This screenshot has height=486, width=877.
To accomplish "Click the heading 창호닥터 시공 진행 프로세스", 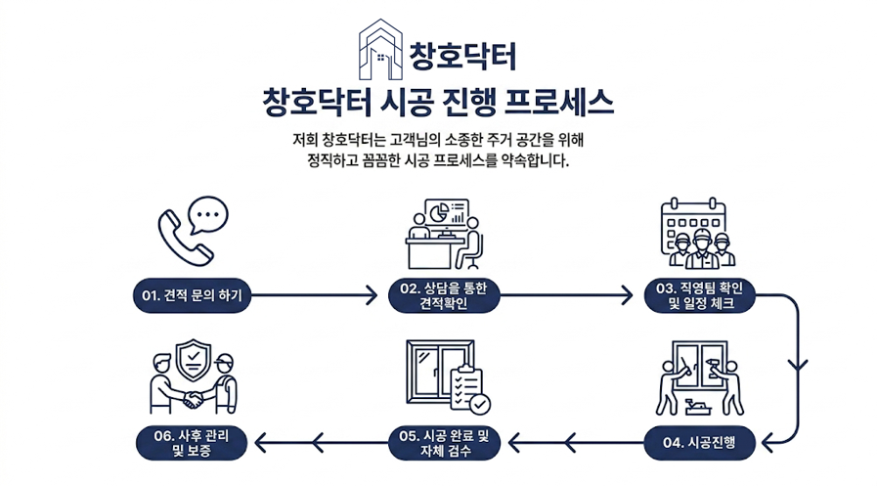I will (438, 102).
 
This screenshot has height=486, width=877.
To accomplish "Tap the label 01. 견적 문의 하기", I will (193, 294).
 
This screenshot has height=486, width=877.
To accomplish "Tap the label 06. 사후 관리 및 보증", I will (193, 443).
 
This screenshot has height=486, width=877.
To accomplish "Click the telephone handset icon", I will (184, 237).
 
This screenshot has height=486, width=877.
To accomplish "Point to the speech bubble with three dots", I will (208, 213).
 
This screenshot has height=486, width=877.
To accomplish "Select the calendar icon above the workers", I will (696, 217).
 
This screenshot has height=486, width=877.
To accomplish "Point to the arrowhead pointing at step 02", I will (371, 294).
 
